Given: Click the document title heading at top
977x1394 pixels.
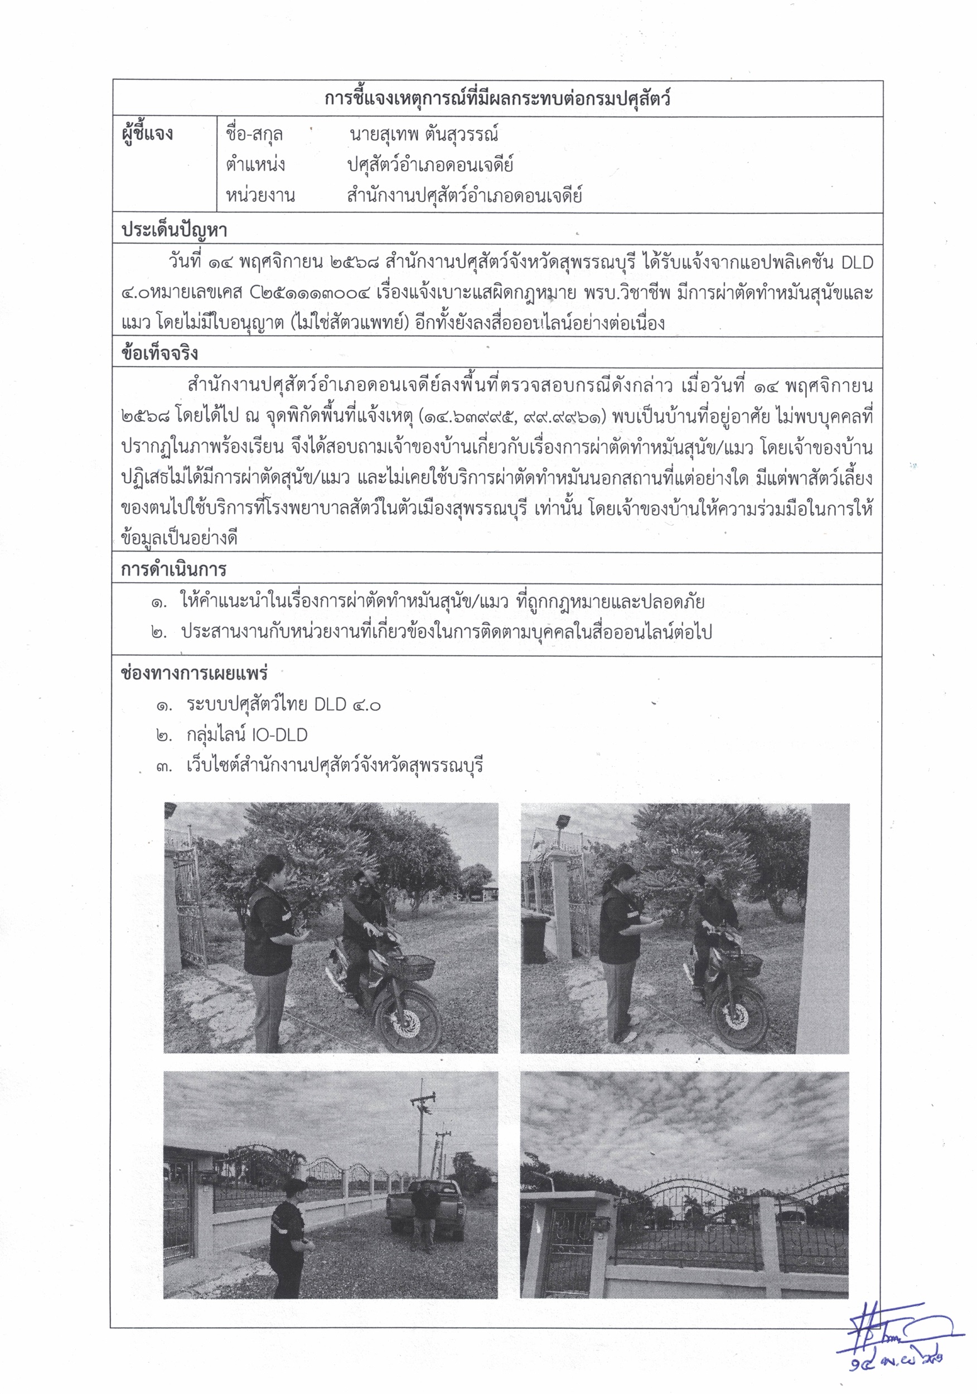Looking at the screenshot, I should (497, 98).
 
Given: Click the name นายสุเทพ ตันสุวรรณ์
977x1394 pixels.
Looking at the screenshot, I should (423, 134).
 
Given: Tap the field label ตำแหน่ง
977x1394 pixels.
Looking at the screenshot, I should (255, 164).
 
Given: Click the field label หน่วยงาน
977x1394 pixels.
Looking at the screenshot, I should (260, 196).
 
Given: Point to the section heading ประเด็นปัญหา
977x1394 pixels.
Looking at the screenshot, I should (175, 230).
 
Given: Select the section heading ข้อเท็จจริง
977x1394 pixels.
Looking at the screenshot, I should (159, 354).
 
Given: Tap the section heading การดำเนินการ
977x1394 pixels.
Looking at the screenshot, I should (173, 569).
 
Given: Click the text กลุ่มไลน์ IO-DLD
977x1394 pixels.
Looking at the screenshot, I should (246, 735).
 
